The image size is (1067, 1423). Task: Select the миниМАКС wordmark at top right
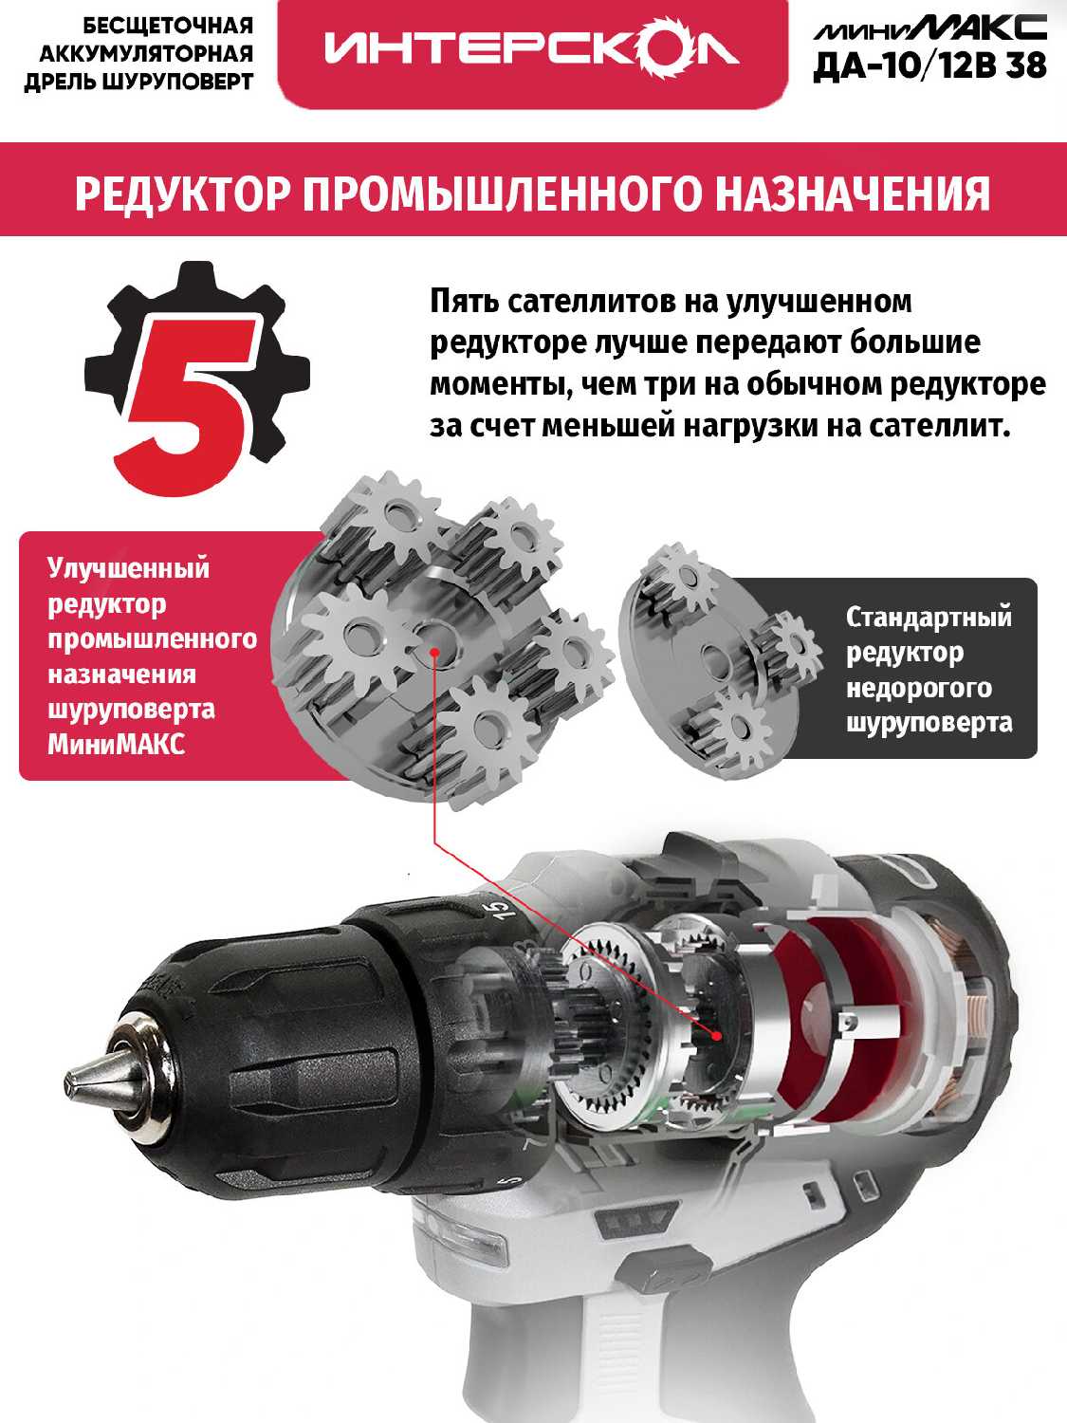coord(929,28)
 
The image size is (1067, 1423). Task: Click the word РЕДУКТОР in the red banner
coord(180,193)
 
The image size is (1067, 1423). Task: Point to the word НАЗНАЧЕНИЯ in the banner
coord(853,193)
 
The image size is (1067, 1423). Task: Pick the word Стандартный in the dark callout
coord(929,618)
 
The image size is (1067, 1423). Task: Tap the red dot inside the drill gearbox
coord(716,1036)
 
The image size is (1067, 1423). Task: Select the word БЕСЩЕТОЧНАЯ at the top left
coord(168,27)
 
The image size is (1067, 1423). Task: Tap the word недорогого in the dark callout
coord(919,689)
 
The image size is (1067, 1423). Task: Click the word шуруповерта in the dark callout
coord(929,724)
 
